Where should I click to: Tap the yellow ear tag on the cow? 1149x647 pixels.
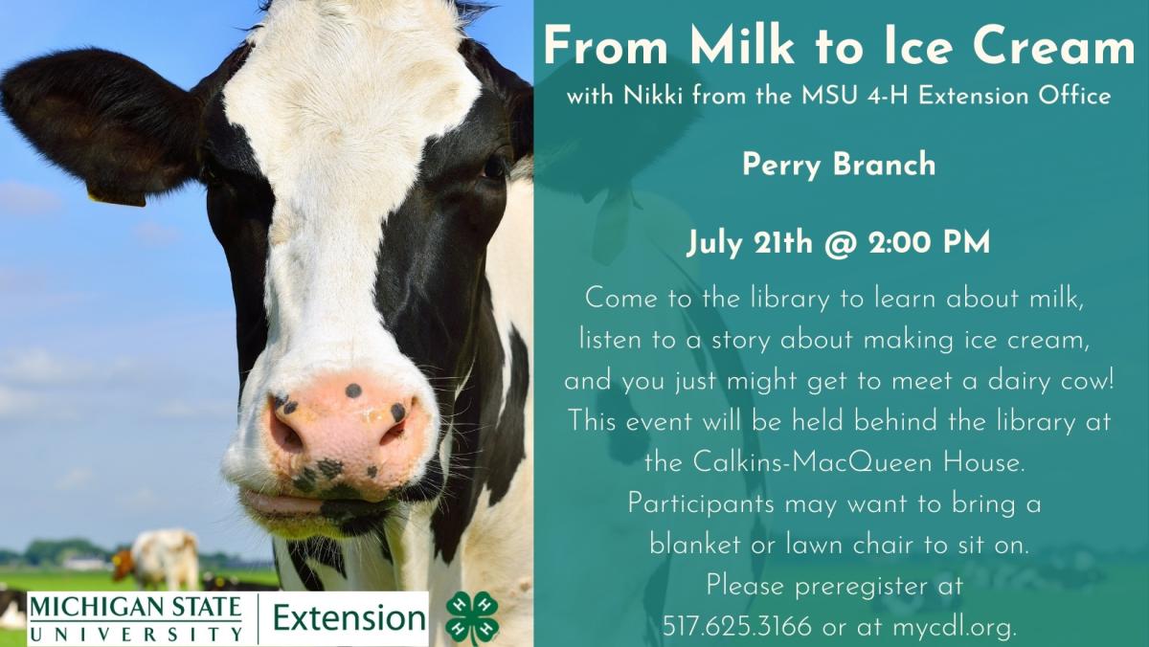click(x=117, y=199)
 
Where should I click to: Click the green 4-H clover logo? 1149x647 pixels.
click(x=472, y=617)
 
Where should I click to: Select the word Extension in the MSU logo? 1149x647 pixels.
click(x=349, y=617)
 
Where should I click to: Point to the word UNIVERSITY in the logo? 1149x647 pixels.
click(x=136, y=635)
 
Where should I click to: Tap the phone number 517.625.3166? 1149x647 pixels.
click(x=737, y=627)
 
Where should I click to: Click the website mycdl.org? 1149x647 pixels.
click(x=954, y=628)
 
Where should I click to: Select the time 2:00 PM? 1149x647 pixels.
click(x=929, y=242)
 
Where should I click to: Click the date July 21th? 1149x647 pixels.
click(x=750, y=243)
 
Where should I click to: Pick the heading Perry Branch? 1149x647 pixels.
click(x=839, y=165)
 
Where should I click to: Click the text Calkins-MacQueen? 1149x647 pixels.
click(x=812, y=463)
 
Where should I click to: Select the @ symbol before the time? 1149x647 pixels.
click(x=841, y=243)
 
